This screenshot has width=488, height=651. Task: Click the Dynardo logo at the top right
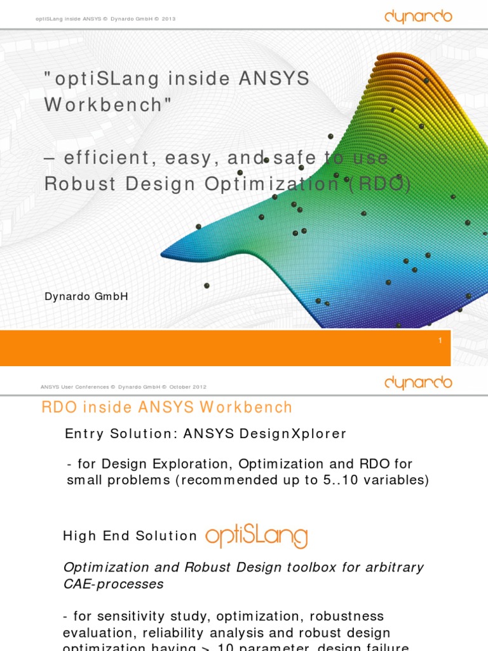[418, 17]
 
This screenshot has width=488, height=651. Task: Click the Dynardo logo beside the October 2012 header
[418, 383]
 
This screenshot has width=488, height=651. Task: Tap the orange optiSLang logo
[256, 536]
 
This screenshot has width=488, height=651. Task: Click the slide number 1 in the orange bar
[440, 341]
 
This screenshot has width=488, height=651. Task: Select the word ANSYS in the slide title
[274, 79]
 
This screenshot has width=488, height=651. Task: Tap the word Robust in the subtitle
[80, 184]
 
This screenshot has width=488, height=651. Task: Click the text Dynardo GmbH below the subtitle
[86, 296]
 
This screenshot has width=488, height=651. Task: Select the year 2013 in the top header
[168, 19]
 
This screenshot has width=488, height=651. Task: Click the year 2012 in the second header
[198, 387]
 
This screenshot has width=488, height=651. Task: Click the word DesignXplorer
[293, 434]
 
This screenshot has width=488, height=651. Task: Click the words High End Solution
[130, 536]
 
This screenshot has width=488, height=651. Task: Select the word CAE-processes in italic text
[113, 584]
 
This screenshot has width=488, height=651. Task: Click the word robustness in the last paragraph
[344, 617]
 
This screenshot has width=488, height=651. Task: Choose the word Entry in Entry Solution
[84, 434]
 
